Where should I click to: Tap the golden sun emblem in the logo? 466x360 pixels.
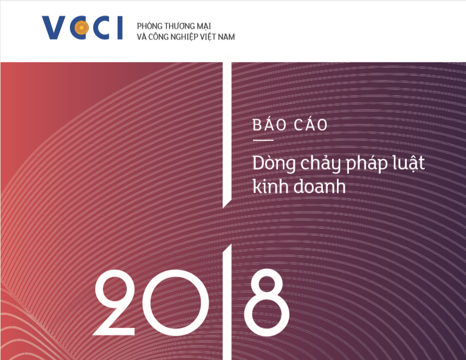81,28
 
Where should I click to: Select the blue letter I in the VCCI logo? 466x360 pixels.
120,28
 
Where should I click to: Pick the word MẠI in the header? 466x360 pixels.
204,27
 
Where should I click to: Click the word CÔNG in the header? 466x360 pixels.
159,37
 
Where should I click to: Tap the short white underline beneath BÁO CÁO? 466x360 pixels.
263,140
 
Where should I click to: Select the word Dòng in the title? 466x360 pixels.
274,164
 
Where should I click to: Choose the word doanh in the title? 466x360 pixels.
320,187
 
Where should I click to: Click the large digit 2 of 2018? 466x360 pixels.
114,303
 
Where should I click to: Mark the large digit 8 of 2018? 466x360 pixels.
266,303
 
